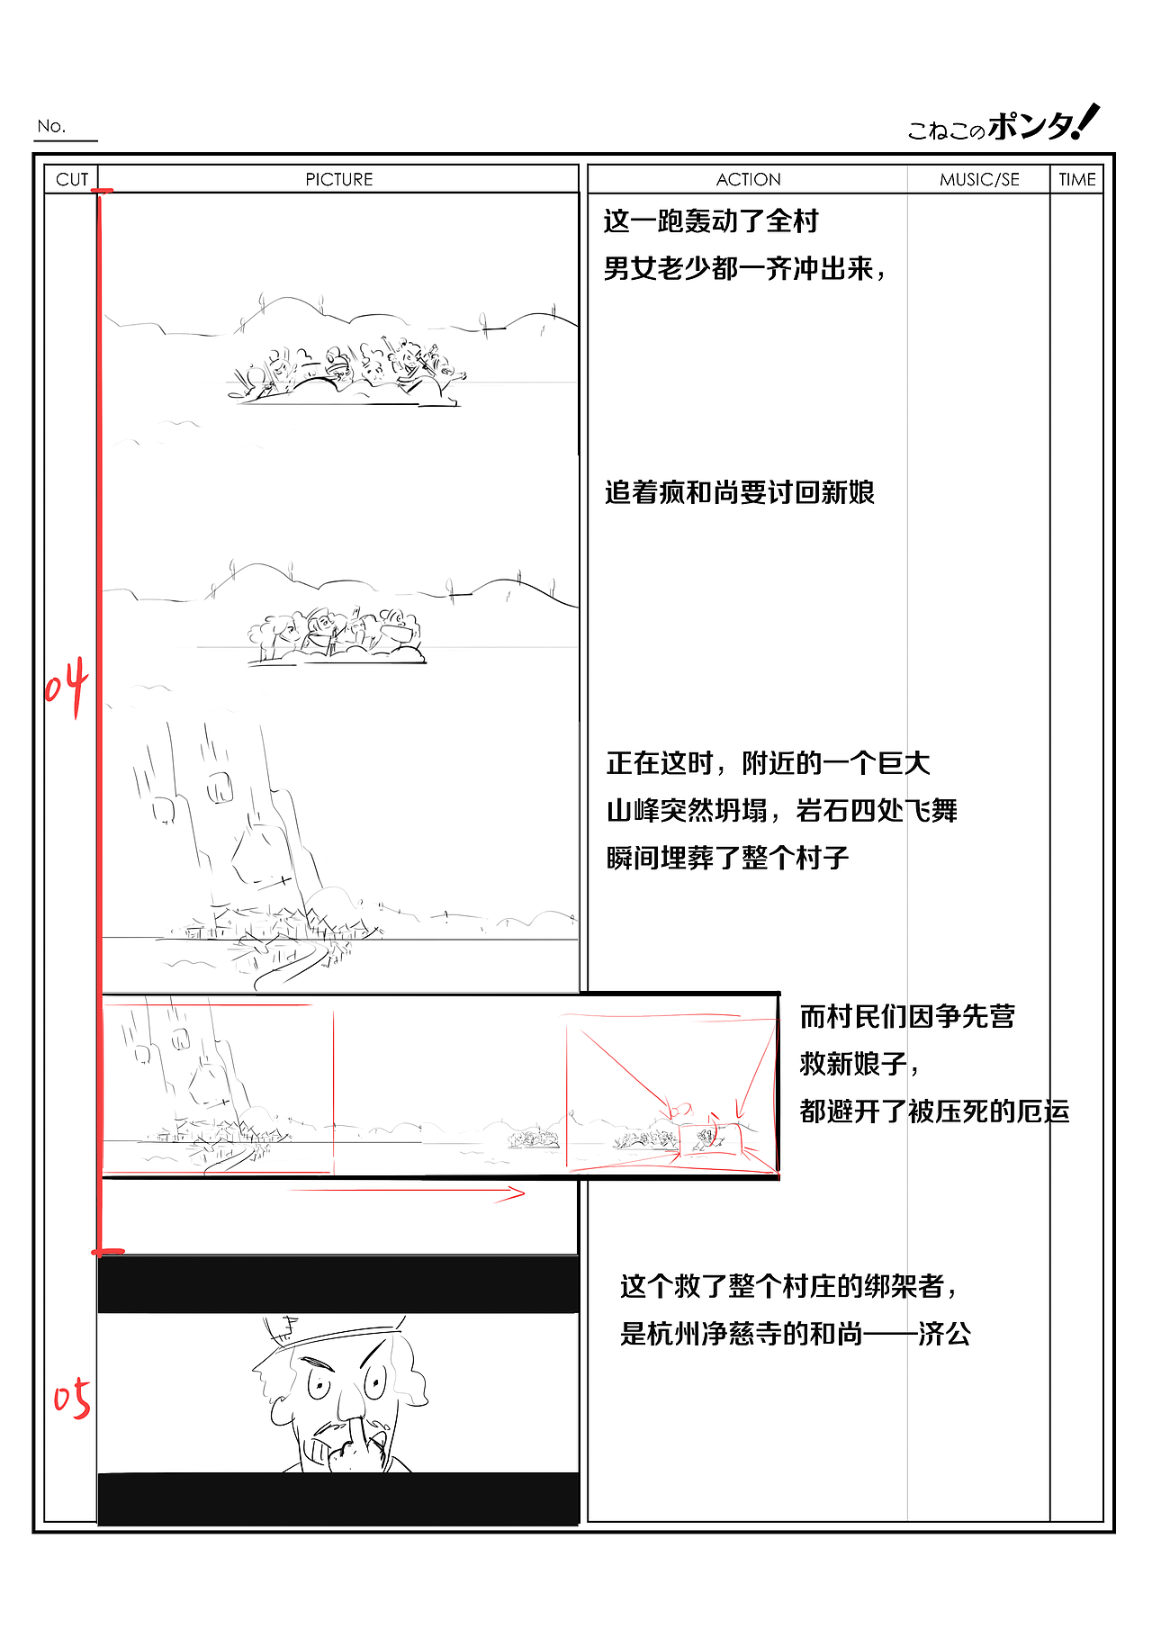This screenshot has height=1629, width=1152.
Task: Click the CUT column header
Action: tap(72, 179)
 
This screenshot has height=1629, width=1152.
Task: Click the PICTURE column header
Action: tap(338, 179)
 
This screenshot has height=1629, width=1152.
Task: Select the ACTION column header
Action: tap(748, 179)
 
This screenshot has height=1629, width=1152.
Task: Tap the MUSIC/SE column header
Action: tap(979, 179)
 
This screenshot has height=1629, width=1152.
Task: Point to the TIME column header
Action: tap(1076, 179)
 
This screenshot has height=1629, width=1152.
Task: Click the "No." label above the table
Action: tap(52, 126)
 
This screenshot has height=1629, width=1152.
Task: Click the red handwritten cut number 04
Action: tap(67, 686)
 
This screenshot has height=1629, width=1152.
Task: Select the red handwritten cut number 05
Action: tap(72, 1398)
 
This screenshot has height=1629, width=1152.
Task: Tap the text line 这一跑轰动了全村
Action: tap(711, 221)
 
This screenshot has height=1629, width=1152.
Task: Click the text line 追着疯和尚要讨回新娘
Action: tap(739, 493)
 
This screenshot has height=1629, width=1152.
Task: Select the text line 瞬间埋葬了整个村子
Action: tap(727, 858)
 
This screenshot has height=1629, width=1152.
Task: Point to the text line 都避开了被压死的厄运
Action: tap(934, 1111)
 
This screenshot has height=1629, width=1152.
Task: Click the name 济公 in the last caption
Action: tap(944, 1334)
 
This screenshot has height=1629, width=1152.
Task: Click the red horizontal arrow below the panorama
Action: tap(405, 1193)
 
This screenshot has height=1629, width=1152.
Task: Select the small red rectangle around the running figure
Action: tap(711, 1139)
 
